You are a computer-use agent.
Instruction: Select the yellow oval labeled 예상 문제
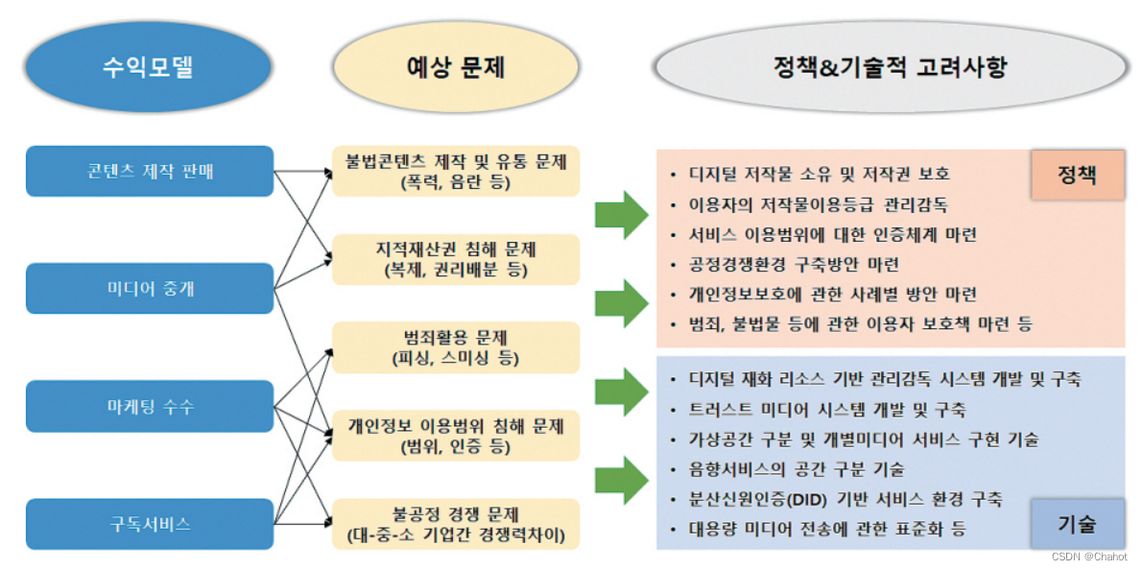(x=456, y=68)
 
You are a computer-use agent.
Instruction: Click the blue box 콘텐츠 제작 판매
(x=150, y=171)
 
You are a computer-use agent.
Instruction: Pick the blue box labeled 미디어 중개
(x=150, y=288)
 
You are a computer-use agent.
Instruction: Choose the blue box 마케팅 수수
(x=150, y=406)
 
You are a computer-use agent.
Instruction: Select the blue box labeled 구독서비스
(x=150, y=524)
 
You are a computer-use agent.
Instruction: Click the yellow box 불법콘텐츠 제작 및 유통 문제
(x=456, y=171)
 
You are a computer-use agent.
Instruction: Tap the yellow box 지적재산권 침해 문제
(x=456, y=259)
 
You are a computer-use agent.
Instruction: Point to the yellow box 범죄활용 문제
(x=456, y=347)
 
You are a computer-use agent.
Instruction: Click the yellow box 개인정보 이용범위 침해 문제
(x=456, y=435)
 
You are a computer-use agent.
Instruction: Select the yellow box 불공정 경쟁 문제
(x=456, y=523)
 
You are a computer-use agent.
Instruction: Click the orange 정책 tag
(x=1077, y=175)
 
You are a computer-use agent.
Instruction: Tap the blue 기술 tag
(x=1077, y=524)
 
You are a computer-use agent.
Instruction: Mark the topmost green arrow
(x=622, y=213)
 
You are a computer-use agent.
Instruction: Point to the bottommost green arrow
(x=622, y=479)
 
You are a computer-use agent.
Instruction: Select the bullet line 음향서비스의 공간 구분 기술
(x=796, y=470)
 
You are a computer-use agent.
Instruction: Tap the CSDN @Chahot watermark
(x=1089, y=557)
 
